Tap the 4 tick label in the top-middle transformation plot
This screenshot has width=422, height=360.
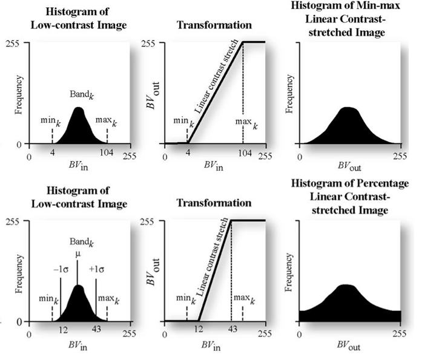(188, 155)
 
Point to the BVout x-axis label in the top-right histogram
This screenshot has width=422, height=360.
(349, 171)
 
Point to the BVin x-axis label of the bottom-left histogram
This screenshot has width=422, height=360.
(77, 348)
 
